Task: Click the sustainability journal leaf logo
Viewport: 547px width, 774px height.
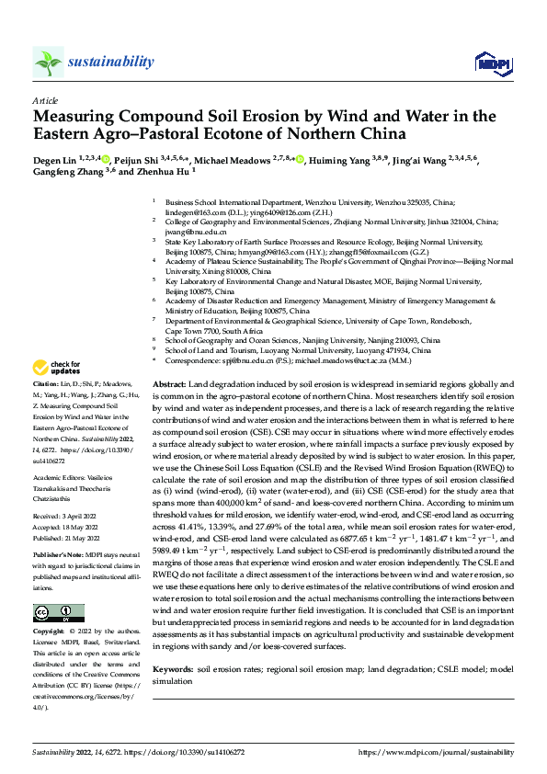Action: pos(48,62)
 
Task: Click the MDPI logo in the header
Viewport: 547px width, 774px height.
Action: pos(492,62)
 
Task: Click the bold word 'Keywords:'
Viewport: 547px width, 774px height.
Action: pos(174,672)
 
